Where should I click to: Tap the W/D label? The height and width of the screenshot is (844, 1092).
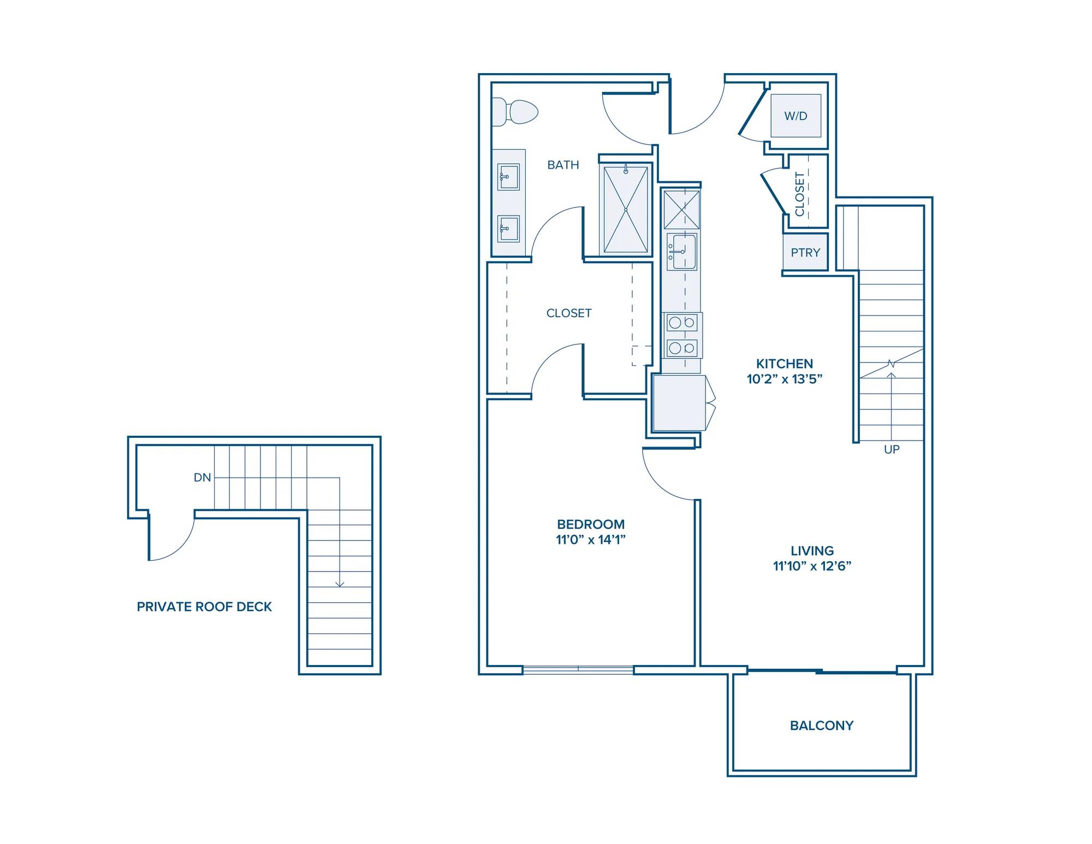tap(796, 116)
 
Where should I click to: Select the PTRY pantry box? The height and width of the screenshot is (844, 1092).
tap(805, 252)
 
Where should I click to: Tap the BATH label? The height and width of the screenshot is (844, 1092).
tap(563, 165)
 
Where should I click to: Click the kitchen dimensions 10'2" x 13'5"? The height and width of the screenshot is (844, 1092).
tap(785, 379)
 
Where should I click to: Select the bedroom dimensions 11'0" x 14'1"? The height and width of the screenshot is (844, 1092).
tap(591, 539)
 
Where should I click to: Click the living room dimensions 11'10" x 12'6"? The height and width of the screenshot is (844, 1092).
tap(812, 566)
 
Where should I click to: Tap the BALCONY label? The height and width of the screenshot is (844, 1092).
tap(822, 726)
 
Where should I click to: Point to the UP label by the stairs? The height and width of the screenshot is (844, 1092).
tap(892, 449)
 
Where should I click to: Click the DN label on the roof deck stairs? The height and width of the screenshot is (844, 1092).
tap(202, 478)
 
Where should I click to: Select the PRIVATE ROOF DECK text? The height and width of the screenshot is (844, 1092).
tap(204, 607)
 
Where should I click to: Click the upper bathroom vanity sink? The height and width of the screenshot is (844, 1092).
tap(508, 176)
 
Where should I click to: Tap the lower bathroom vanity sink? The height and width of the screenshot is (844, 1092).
tap(508, 229)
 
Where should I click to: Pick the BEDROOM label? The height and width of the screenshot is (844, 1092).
tap(591, 524)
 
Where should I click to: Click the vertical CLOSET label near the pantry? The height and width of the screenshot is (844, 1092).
tap(800, 194)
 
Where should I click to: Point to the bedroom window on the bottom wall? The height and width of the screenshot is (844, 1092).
tap(578, 669)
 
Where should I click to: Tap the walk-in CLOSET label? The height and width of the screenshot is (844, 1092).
tap(569, 313)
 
